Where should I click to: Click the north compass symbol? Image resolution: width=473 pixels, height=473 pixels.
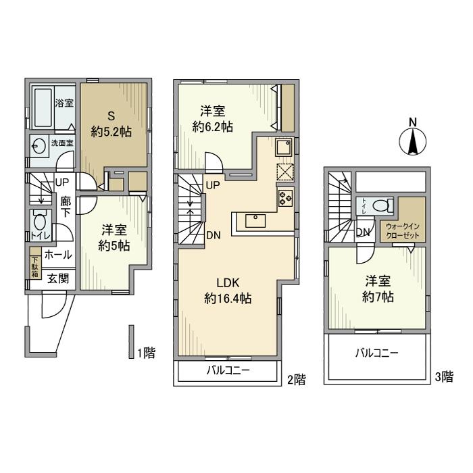tap(413, 139)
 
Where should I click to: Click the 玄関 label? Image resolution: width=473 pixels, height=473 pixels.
tap(57, 278)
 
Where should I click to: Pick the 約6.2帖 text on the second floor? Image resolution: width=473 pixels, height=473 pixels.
tap(213, 126)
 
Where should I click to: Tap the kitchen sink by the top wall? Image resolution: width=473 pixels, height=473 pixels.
tap(283, 145)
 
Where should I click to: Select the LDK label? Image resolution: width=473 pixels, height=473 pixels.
tap(226, 282)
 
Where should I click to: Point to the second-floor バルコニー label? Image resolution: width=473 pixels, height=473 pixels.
tap(227, 371)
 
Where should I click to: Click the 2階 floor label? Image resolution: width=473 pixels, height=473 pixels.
tap(296, 380)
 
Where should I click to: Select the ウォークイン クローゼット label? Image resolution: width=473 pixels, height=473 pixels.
tap(403, 230)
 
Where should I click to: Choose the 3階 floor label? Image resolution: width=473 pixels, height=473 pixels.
tap(443, 377)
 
